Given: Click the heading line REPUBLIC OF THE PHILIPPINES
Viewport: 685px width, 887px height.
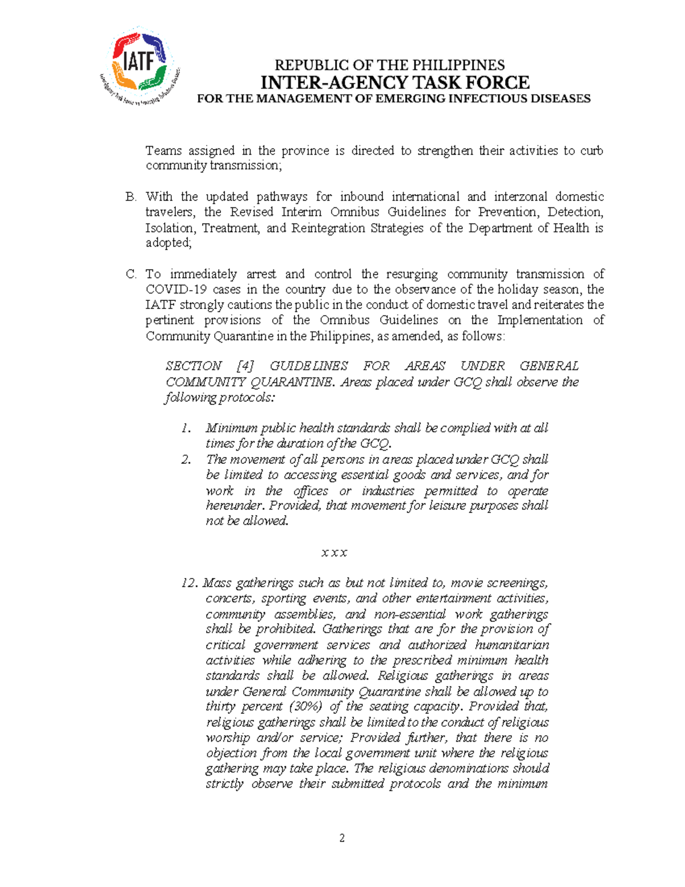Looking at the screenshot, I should [390, 65].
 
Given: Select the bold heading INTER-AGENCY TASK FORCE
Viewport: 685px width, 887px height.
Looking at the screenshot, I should [394, 83].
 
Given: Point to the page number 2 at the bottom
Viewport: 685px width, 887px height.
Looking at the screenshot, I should [342, 838].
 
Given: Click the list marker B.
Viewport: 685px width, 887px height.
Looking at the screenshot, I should [131, 197].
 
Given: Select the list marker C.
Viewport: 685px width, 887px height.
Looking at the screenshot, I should [131, 274].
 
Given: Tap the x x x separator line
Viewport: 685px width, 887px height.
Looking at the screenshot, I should [335, 552].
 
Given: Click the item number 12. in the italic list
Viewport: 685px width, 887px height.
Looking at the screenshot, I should [190, 583].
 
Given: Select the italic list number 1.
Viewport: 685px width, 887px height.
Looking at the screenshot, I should [186, 428].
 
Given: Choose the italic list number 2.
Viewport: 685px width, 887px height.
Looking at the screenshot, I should [186, 459].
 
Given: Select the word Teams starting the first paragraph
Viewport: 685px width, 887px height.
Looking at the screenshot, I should [163, 151].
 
